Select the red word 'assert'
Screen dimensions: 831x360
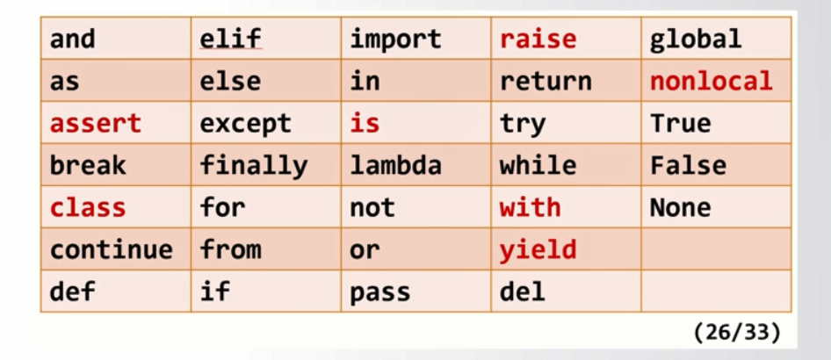click(x=95, y=124)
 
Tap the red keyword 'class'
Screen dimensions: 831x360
click(x=88, y=208)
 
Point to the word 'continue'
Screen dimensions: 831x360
click(x=111, y=250)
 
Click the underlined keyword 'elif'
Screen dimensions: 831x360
click(x=230, y=40)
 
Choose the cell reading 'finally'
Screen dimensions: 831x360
click(x=253, y=166)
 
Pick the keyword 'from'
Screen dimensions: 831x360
click(x=230, y=250)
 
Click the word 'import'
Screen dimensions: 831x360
click(x=395, y=40)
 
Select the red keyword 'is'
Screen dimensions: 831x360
click(x=365, y=124)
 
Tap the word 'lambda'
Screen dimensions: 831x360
click(x=395, y=166)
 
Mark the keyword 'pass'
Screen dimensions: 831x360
click(x=379, y=292)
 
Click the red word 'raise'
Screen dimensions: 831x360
click(x=538, y=40)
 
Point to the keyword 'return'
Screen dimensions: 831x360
click(x=546, y=82)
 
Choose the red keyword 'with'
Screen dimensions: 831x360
click(x=530, y=208)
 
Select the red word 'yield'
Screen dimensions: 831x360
click(x=538, y=250)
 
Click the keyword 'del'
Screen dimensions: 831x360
click(x=522, y=292)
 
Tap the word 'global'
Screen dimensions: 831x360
click(x=695, y=40)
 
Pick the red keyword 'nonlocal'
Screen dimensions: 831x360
click(x=711, y=82)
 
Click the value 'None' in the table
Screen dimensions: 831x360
click(x=680, y=208)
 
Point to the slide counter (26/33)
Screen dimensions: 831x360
click(x=736, y=334)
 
